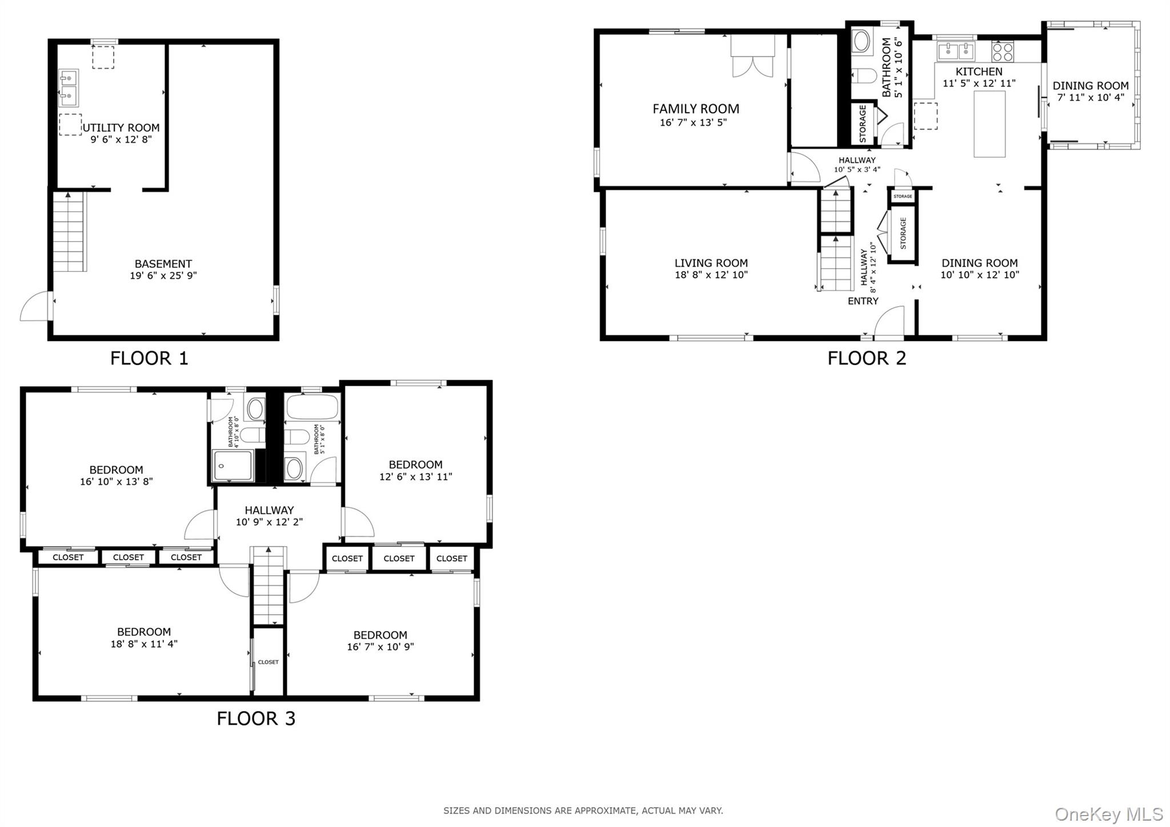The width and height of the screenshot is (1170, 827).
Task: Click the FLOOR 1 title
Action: [x=149, y=358]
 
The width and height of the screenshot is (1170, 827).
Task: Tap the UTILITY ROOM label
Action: [x=121, y=128]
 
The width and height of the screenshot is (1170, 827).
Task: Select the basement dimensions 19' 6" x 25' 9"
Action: [x=163, y=276]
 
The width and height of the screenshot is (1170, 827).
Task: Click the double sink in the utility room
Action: [x=68, y=89]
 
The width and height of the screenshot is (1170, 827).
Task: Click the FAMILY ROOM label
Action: [x=695, y=109]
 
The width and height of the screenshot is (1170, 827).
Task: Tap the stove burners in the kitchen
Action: [x=1002, y=52]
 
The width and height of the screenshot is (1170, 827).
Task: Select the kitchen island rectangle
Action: [x=989, y=123]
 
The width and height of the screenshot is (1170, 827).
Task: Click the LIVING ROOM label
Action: [x=711, y=263]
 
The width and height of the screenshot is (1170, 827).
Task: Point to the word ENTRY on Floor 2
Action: [x=863, y=301]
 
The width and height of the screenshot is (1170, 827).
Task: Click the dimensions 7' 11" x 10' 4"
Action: [x=1090, y=98]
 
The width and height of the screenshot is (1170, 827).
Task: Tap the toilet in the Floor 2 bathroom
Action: [x=864, y=75]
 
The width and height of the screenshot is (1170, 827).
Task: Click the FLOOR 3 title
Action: [x=256, y=718]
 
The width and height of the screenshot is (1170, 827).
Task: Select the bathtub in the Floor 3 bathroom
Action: [x=312, y=407]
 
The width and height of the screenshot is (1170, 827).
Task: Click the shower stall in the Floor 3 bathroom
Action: [x=233, y=466]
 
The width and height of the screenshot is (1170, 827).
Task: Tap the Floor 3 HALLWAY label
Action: [x=269, y=510]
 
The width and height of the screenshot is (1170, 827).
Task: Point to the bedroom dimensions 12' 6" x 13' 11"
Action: [x=415, y=476]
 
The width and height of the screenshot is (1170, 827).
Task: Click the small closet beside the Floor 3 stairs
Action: [x=268, y=662]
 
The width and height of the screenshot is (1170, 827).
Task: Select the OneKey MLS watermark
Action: [x=1108, y=814]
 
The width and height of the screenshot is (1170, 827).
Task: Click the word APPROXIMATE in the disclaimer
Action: [x=606, y=810]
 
